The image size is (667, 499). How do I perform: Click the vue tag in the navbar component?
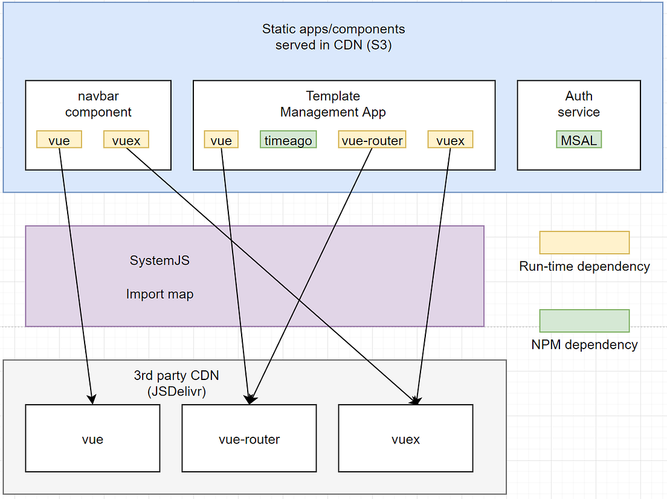[x=59, y=140]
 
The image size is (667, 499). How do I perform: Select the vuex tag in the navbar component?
[x=126, y=140]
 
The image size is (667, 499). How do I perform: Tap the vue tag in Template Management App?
[x=221, y=140]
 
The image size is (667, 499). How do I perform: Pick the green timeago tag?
[x=288, y=140]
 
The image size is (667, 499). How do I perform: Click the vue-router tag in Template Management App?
[x=372, y=140]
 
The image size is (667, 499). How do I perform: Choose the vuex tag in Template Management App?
[x=450, y=140]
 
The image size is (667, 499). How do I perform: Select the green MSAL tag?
[x=579, y=140]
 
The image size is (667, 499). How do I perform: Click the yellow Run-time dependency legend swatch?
[x=584, y=242]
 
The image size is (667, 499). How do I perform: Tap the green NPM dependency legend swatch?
[x=584, y=321]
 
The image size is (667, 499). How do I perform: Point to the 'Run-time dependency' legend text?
[x=584, y=266]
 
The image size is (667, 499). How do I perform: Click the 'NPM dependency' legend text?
[x=584, y=345]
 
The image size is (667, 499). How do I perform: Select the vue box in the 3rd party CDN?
[x=92, y=439]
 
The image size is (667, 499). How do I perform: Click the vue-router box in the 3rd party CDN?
[x=249, y=439]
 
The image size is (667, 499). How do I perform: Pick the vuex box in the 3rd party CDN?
[x=405, y=439]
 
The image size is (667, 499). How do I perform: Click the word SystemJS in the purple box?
[x=159, y=261]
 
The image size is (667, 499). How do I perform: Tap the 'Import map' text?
[x=159, y=294]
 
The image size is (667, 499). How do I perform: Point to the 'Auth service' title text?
[x=579, y=104]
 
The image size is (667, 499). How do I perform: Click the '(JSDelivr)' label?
[x=176, y=391]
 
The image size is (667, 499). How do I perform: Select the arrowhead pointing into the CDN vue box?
[x=91, y=399]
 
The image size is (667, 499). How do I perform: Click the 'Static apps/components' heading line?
[x=333, y=29]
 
